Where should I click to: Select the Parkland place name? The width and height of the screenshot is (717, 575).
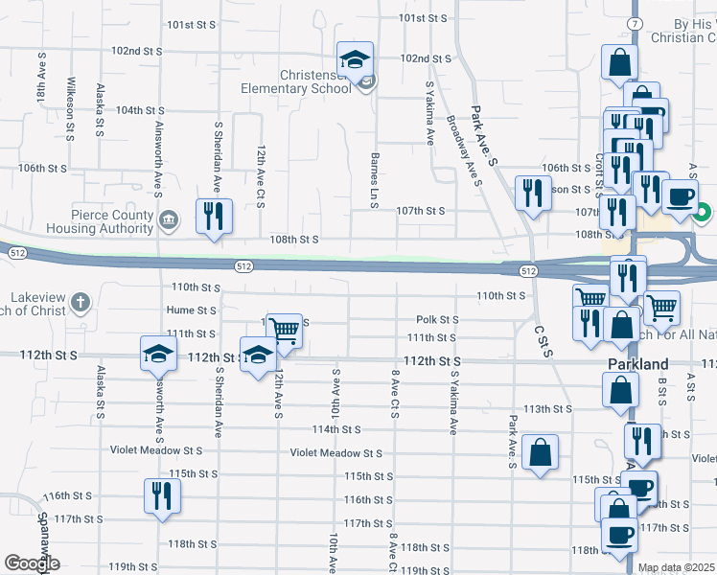(637, 365)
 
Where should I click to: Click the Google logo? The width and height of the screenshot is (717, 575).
(32, 563)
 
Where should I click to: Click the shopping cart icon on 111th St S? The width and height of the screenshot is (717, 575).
(284, 331)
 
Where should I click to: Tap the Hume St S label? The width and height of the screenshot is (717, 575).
(191, 310)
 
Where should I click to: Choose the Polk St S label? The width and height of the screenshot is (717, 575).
(436, 319)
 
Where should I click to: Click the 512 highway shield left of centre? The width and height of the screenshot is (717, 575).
(244, 264)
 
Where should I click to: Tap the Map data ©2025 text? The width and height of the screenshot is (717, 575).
(676, 568)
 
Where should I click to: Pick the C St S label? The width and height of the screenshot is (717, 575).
(544, 340)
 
